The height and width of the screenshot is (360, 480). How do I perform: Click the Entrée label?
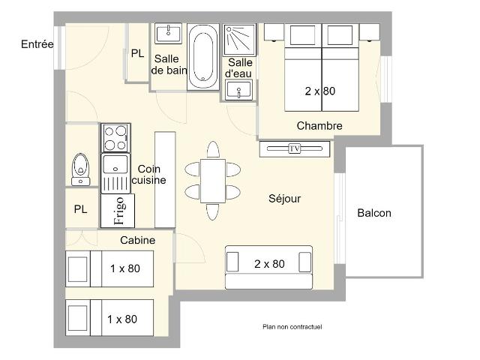pos(37,44)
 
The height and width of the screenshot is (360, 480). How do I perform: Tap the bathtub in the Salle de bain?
pos(200,56)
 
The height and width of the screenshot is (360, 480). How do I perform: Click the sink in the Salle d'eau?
pos(239,91)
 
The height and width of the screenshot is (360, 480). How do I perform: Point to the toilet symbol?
pos(79,169)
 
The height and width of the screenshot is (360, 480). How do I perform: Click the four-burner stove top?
pos(116,138)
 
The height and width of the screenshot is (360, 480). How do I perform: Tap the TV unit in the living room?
pos(295,148)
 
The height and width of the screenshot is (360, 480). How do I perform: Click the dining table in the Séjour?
pos(212,180)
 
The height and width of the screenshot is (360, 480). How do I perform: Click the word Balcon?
pos(373,213)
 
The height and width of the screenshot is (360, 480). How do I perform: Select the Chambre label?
pos(319,126)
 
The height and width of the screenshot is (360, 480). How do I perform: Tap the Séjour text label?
pos(284,199)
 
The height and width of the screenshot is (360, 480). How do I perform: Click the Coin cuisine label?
pos(148,175)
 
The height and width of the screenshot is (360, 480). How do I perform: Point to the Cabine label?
pos(138,240)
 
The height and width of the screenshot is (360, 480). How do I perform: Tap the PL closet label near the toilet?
pos(80,210)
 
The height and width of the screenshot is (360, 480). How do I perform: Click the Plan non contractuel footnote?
pos(292,326)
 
